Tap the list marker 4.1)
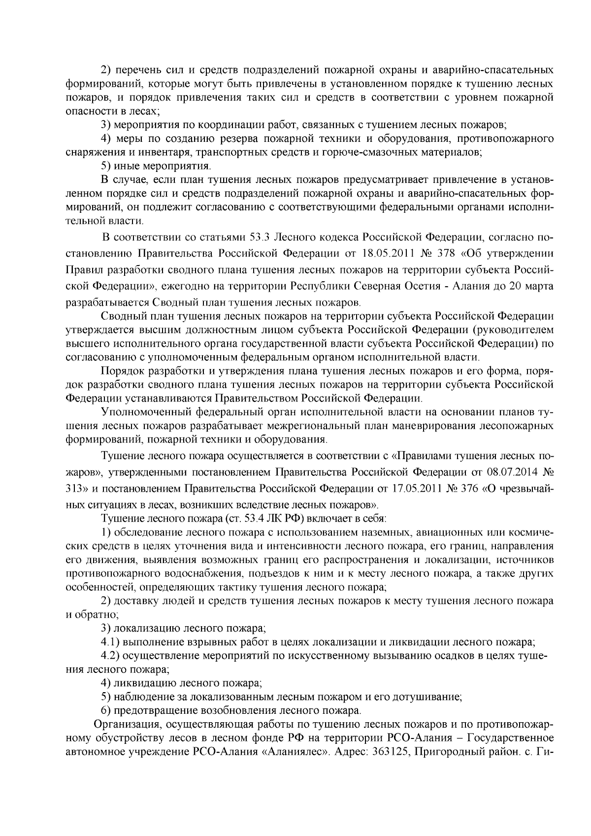click(x=111, y=642)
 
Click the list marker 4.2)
click(x=111, y=656)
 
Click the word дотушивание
click(x=432, y=697)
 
